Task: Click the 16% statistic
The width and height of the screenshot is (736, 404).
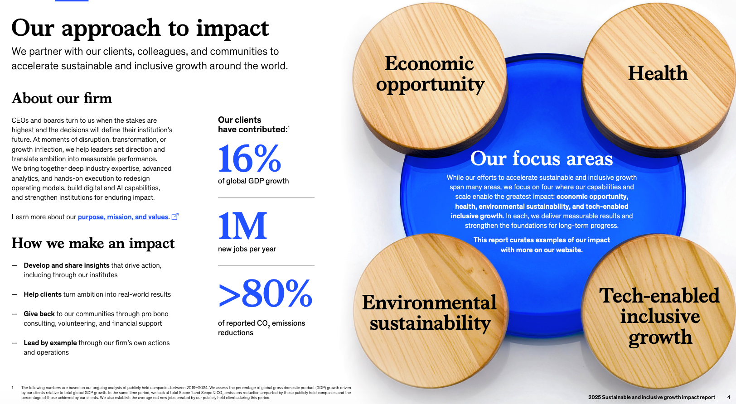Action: pyautogui.click(x=249, y=159)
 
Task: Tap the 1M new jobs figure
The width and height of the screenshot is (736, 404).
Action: pyautogui.click(x=242, y=226)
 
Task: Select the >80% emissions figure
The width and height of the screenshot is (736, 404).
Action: pyautogui.click(x=265, y=293)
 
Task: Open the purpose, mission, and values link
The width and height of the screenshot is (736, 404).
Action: pyautogui.click(x=123, y=217)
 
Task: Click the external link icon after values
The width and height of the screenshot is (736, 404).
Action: pyautogui.click(x=175, y=216)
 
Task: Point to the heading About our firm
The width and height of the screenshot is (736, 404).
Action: pyautogui.click(x=62, y=98)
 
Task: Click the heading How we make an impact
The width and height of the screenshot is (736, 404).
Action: pyautogui.click(x=93, y=243)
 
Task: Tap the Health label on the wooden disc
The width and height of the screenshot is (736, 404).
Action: pyautogui.click(x=658, y=73)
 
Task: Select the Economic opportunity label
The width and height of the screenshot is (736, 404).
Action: pyautogui.click(x=430, y=74)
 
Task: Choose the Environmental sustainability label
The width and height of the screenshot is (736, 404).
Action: pyautogui.click(x=429, y=313)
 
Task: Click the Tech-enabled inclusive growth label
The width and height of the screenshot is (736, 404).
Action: pyautogui.click(x=659, y=316)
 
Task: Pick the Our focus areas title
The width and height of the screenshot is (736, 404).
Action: pyautogui.click(x=542, y=159)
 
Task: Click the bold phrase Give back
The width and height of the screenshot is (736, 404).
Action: pyautogui.click(x=39, y=314)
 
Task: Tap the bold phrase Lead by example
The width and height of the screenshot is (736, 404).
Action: pyautogui.click(x=50, y=343)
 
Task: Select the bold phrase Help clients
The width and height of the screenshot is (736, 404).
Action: pyautogui.click(x=43, y=294)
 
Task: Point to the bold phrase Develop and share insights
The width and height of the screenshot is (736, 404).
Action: pyautogui.click(x=66, y=265)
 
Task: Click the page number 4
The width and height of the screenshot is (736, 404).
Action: pyautogui.click(x=728, y=397)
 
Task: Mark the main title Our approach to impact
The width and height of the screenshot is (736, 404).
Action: pyautogui.click(x=140, y=28)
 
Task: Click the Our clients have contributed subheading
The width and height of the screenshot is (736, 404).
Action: pyautogui.click(x=253, y=125)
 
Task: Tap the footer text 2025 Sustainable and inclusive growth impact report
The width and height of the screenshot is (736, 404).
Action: pyautogui.click(x=652, y=397)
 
